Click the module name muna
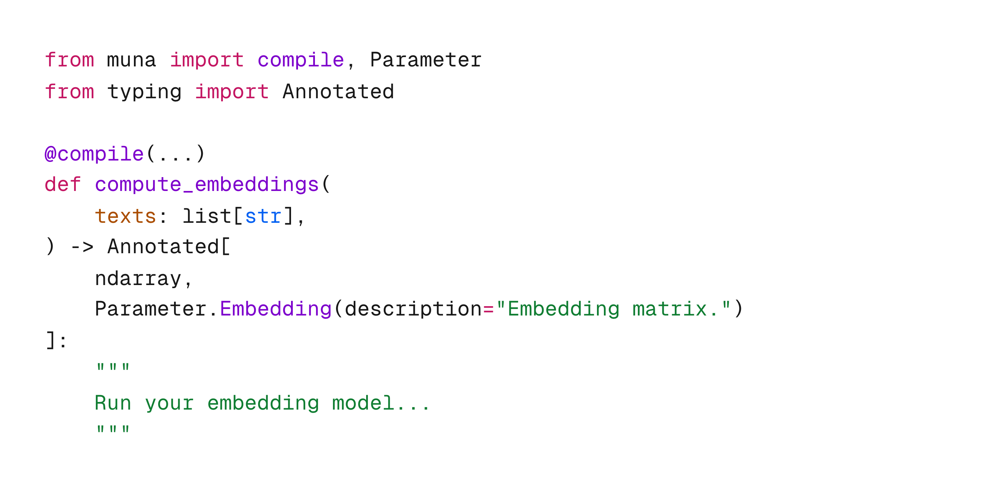click(x=132, y=61)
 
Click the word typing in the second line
click(x=144, y=92)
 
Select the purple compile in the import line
click(x=300, y=61)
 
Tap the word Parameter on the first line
click(x=425, y=61)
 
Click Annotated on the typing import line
click(x=338, y=92)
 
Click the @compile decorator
click(x=94, y=154)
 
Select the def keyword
click(x=62, y=185)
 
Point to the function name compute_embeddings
click(x=207, y=185)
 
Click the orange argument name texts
click(x=125, y=216)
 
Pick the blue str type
click(x=263, y=216)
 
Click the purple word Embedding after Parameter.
click(x=275, y=309)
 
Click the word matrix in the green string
click(x=669, y=309)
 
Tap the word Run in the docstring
click(x=113, y=403)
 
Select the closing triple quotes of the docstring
click(x=113, y=429)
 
